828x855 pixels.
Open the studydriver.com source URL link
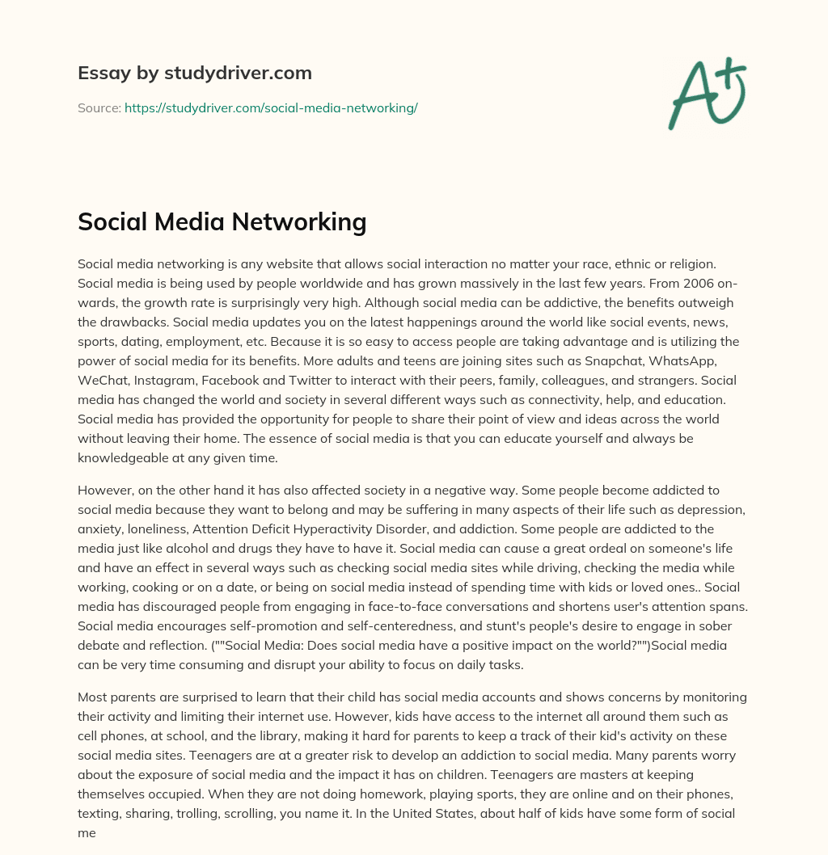(x=271, y=107)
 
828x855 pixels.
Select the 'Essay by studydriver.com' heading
(x=194, y=73)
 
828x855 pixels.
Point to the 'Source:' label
(x=99, y=107)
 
